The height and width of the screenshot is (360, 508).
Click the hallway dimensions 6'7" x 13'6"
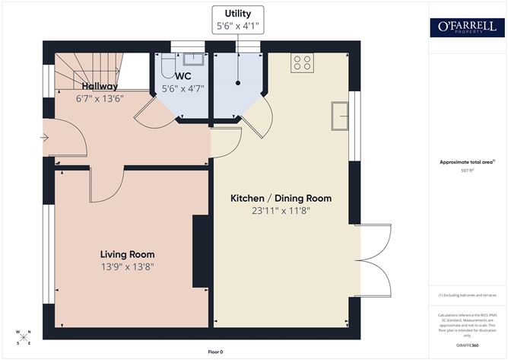tap(99, 98)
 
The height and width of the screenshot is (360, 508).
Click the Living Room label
tap(127, 254)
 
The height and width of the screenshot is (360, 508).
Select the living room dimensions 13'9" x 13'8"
tap(127, 267)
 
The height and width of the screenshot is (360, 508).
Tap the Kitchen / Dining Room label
tap(281, 198)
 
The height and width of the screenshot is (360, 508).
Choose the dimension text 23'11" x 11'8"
tap(281, 211)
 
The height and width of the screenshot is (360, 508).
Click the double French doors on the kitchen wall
tap(374, 260)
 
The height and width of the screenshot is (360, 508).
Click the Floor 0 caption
tap(215, 352)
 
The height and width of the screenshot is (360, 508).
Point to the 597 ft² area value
tap(467, 170)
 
